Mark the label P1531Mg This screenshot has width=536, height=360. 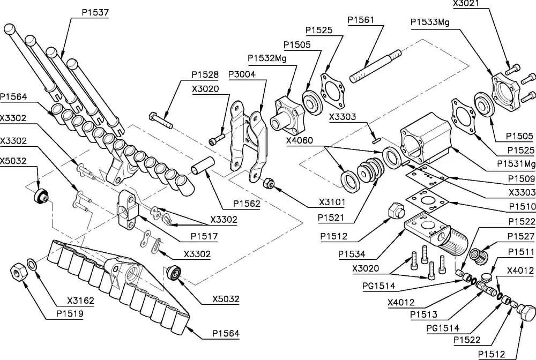coord(516,163)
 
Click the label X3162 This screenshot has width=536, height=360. coord(80,301)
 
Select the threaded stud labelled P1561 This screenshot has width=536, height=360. coord(375,66)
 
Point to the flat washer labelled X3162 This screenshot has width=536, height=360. coord(33,265)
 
